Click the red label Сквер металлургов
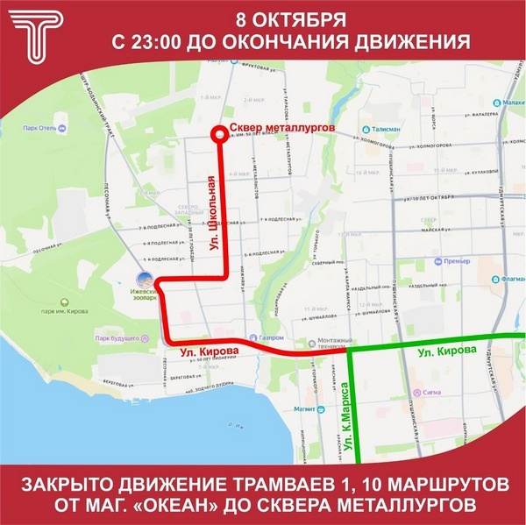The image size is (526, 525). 281,128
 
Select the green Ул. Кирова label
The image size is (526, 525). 446,350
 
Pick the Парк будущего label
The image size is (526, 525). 121,337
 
